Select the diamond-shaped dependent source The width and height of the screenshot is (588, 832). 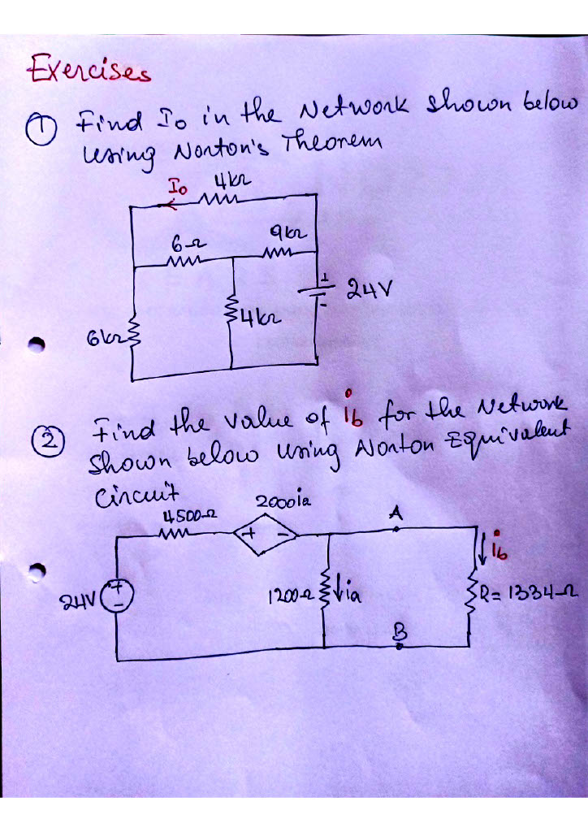pyautogui.click(x=267, y=535)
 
